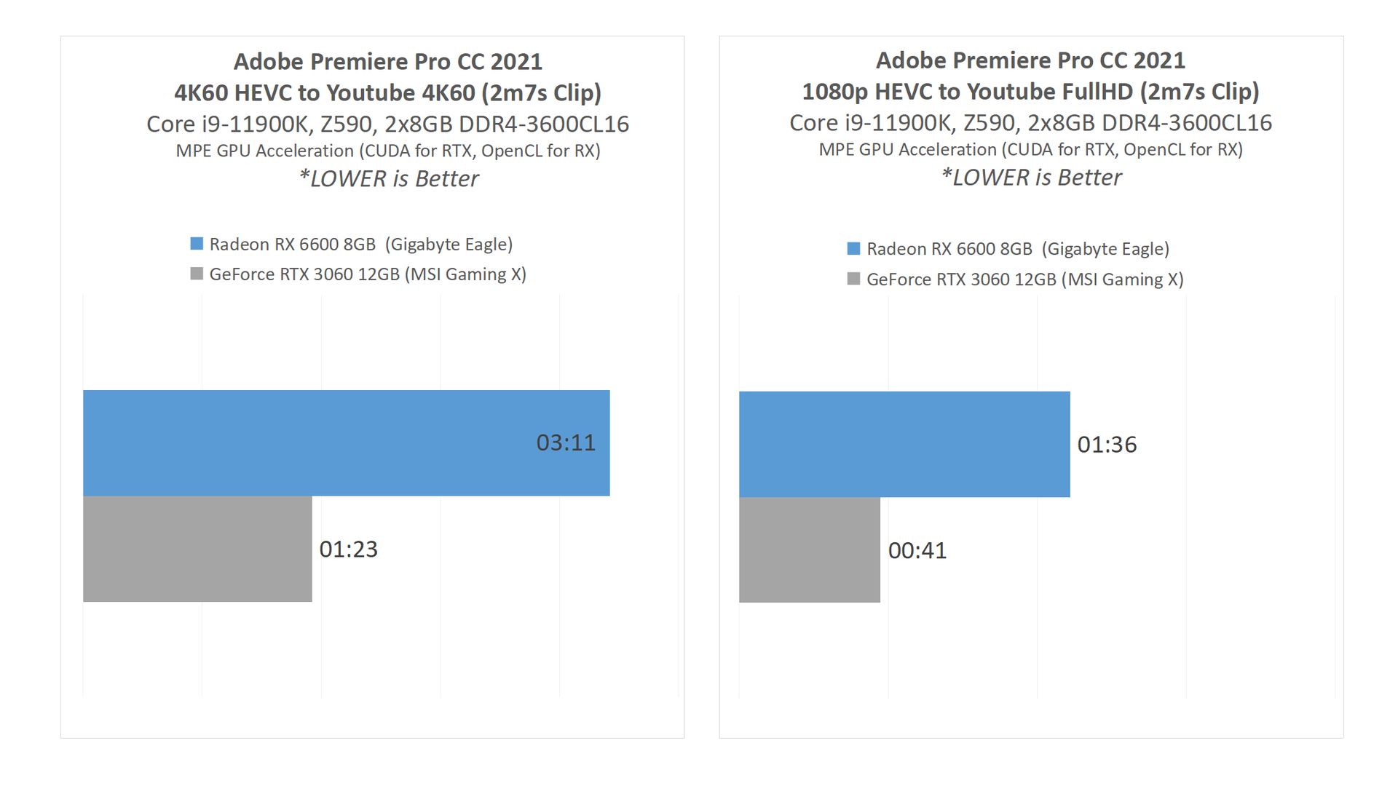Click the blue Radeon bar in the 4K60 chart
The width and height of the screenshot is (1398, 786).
pos(346,442)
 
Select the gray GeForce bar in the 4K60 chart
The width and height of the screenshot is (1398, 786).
pos(197,549)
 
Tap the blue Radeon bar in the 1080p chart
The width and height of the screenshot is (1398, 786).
pos(904,444)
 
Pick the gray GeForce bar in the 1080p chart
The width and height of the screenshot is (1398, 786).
pos(810,550)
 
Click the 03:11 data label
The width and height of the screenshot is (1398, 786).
pos(566,442)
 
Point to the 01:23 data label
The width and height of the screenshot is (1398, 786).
pos(349,549)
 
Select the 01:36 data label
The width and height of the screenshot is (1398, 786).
pos(1107,444)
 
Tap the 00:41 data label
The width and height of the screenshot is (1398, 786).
pos(917,550)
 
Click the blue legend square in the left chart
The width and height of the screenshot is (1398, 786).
pos(197,244)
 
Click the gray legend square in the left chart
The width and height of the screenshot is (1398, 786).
pos(197,274)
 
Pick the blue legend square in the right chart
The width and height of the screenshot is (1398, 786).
pos(854,249)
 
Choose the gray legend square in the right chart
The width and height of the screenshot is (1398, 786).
pos(854,279)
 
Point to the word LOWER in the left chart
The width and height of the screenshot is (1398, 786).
pos(348,179)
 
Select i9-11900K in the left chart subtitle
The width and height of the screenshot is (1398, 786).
pos(255,124)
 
